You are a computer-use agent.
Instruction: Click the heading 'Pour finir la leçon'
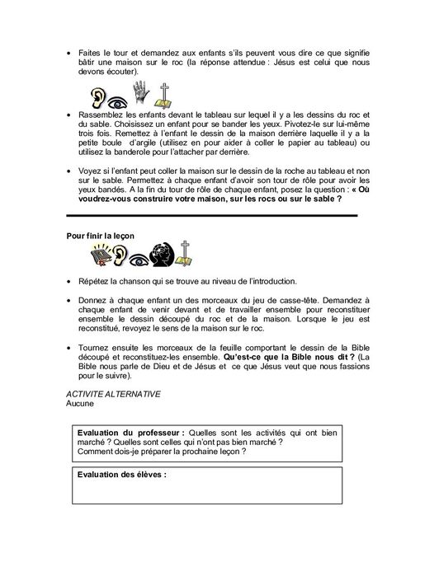(101, 235)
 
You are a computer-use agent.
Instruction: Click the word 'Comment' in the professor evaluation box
(93, 450)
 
